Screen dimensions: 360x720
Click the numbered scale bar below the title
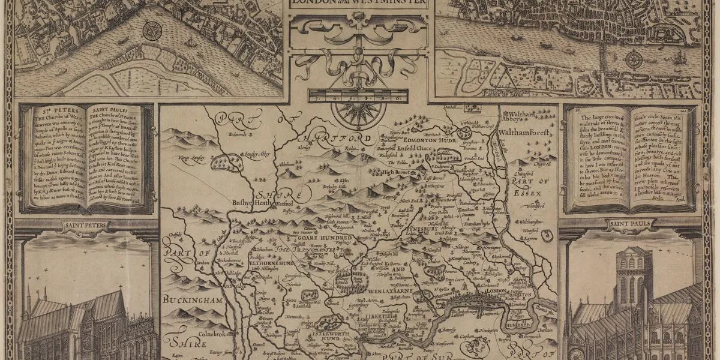pos(355,94)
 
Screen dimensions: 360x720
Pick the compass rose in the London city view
pos(634,59)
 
